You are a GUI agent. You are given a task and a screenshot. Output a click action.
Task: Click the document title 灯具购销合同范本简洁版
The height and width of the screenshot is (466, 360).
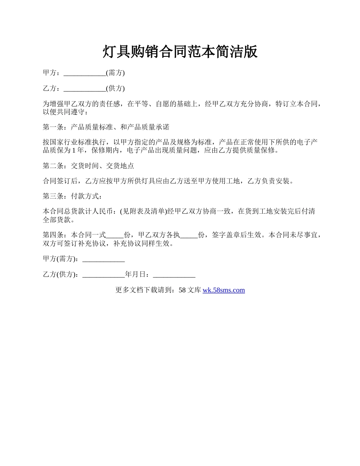point(180,52)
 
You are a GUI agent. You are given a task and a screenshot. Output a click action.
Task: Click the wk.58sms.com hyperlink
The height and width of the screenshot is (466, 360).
point(224,290)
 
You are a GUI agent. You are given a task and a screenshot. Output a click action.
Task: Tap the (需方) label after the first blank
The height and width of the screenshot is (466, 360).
point(115,73)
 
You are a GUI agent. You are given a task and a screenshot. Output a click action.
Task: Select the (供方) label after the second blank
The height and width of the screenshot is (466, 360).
point(115,89)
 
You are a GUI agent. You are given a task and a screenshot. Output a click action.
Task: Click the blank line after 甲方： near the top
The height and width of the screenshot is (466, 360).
point(85,73)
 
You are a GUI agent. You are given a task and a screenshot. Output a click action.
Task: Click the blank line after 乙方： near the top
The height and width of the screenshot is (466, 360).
point(85,89)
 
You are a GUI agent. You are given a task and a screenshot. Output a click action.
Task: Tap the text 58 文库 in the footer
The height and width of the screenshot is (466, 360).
point(189,290)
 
